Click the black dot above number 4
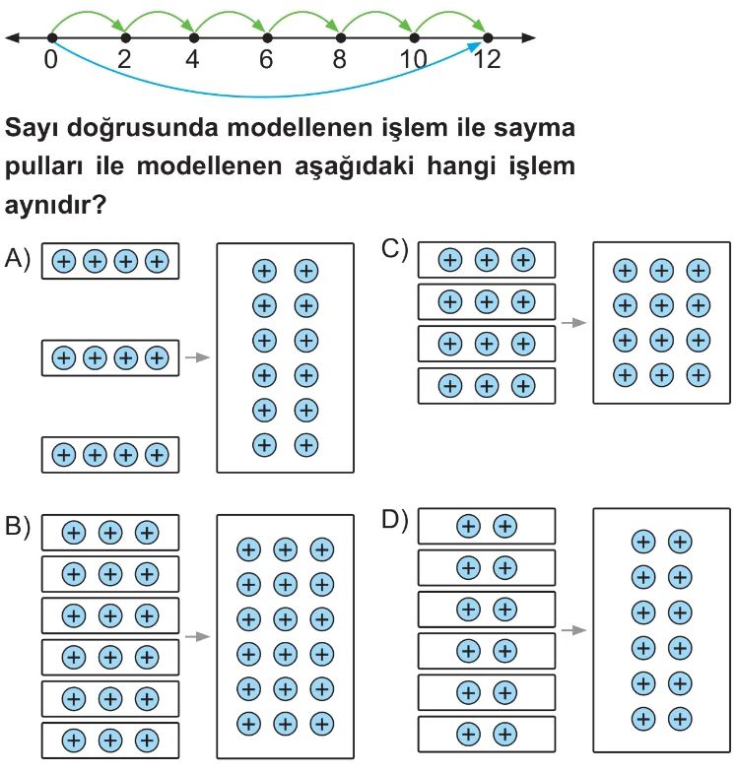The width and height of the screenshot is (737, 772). pyautogui.click(x=195, y=38)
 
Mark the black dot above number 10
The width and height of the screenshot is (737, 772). pyautogui.click(x=413, y=38)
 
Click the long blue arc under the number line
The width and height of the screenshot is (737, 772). pyautogui.click(x=266, y=96)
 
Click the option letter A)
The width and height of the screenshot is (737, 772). pyautogui.click(x=19, y=259)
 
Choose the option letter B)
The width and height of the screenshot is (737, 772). pyautogui.click(x=19, y=528)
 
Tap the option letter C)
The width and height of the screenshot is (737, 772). pyautogui.click(x=395, y=249)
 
